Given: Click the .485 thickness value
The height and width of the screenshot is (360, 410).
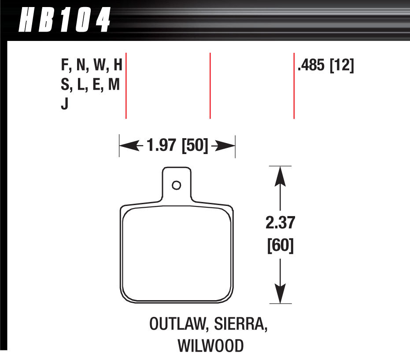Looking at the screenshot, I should click(x=312, y=66).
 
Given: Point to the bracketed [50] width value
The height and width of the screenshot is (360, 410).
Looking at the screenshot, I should click(x=194, y=146).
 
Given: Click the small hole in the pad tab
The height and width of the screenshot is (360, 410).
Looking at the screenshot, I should click(x=177, y=185).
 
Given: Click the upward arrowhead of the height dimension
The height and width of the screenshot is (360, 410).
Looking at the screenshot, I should click(x=279, y=174).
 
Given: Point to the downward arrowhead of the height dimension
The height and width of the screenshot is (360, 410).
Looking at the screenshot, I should click(x=279, y=295).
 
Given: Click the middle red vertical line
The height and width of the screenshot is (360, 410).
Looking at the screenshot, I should click(x=210, y=86).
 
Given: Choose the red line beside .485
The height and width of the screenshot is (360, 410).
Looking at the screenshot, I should click(x=294, y=86).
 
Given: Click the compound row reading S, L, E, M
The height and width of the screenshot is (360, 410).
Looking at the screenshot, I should click(x=90, y=86).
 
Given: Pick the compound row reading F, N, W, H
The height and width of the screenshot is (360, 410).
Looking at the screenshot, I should click(x=91, y=66).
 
